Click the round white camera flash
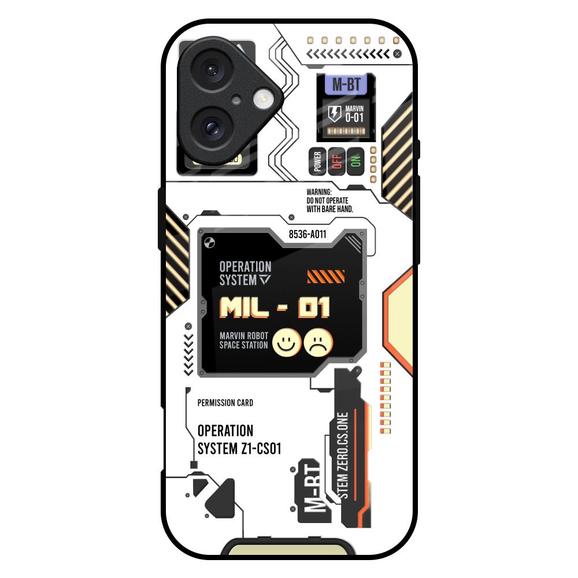click(262, 98)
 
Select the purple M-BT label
click(346, 84)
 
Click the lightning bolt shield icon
click(335, 113)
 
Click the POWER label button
click(317, 161)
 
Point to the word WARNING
click(319, 192)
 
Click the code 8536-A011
click(307, 235)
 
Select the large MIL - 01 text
click(275, 307)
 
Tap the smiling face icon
click(287, 343)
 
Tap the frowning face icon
click(318, 343)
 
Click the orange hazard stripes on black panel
click(326, 277)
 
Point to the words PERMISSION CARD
click(225, 403)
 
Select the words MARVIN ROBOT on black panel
click(244, 336)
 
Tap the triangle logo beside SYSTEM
click(265, 280)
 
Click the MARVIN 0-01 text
click(354, 114)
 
